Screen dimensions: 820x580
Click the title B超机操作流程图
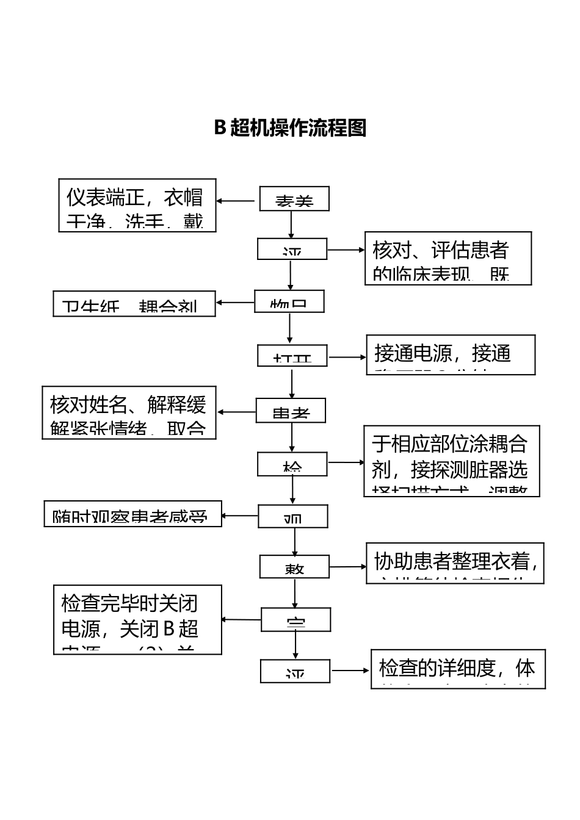coord(290,128)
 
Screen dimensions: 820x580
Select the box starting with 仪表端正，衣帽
coord(137,205)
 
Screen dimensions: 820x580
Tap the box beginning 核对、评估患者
coord(448,258)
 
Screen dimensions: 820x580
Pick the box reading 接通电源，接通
coord(451,354)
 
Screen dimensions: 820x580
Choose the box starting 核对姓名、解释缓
coord(129,412)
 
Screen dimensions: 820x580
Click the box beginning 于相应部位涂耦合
coord(452,461)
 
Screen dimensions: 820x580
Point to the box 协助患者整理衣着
coord(455,563)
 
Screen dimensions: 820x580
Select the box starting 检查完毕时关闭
coord(137,619)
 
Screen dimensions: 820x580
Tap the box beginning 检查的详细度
coord(458,669)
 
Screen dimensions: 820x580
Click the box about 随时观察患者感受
coord(132,514)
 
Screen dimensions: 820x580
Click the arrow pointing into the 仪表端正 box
coord(236,200)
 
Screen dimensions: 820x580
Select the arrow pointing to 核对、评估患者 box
coord(346,250)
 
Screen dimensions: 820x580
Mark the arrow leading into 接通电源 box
coord(346,357)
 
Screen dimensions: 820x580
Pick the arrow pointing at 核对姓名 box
coord(236,412)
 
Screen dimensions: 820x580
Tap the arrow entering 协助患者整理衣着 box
coord(347,567)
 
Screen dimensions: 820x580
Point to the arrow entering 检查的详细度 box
coord(350,671)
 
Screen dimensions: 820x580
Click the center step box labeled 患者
coord(291,411)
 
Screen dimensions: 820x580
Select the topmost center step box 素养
coord(294,199)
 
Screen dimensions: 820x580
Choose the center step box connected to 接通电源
coord(292,356)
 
